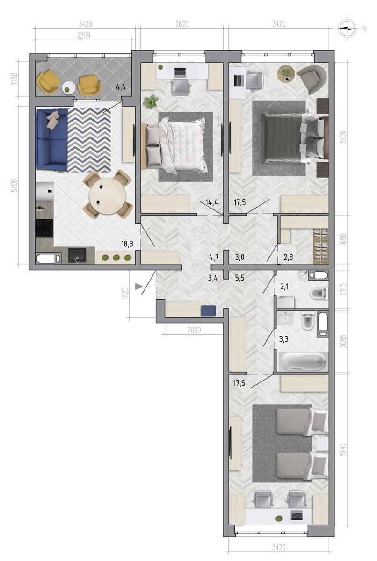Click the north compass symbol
click(347, 29)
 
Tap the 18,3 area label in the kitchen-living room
click(127, 244)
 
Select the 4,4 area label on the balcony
click(121, 87)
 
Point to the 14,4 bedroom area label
click(212, 202)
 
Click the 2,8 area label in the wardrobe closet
click(288, 257)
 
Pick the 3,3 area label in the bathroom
click(283, 339)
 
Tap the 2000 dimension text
click(194, 331)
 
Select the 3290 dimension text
click(83, 36)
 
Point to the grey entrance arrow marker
click(138, 286)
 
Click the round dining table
click(107, 195)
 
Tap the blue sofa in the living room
click(52, 139)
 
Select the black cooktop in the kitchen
click(44, 228)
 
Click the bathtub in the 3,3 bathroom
click(303, 361)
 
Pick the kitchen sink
click(77, 255)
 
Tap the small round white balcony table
click(68, 88)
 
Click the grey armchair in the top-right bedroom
click(312, 79)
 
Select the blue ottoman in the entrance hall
click(209, 311)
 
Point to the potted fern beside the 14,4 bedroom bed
click(151, 102)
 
